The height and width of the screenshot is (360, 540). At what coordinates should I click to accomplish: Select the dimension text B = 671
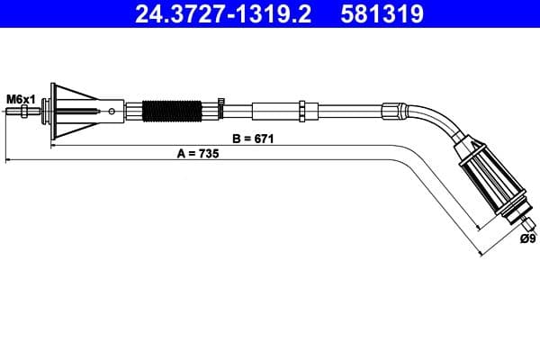[252, 139]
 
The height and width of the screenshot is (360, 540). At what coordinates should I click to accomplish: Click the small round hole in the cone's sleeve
[112, 112]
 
